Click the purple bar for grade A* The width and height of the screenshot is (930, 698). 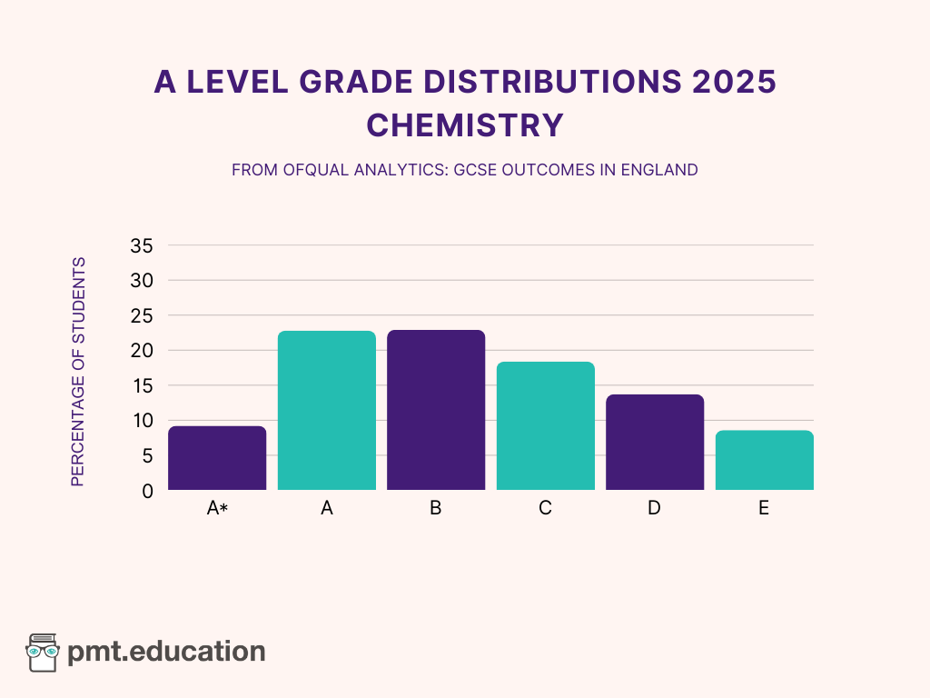(x=217, y=458)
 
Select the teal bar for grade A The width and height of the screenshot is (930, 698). (x=327, y=411)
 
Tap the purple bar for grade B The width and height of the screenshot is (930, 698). (x=436, y=410)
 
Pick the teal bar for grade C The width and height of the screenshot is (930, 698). (x=545, y=426)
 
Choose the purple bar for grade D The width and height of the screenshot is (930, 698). (x=655, y=443)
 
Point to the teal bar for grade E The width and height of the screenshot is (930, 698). (x=764, y=460)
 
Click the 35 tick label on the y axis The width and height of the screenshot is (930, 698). (x=142, y=245)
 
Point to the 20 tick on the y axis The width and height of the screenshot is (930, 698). (x=142, y=351)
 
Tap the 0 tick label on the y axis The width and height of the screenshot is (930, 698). (x=147, y=491)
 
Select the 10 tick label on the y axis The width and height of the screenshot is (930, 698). (x=142, y=421)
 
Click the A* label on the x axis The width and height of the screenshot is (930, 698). (x=217, y=509)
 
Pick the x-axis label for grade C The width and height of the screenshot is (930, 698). (x=545, y=509)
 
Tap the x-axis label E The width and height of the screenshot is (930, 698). (x=764, y=509)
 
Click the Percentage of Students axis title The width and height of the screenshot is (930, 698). (x=78, y=372)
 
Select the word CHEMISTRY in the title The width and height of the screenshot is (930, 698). (x=465, y=125)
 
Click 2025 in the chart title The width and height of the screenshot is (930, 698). (x=733, y=82)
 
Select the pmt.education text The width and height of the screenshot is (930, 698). (x=167, y=652)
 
